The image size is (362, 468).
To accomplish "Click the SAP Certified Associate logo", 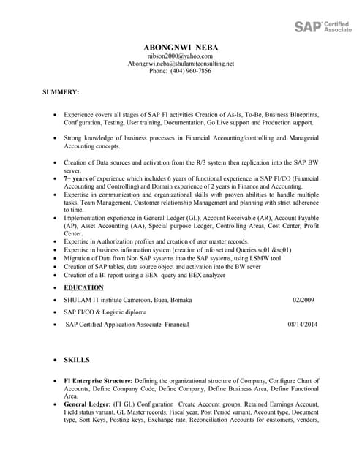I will pyautogui.click(x=323, y=27).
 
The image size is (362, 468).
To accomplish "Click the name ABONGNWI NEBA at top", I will pyautogui.click(x=181, y=48).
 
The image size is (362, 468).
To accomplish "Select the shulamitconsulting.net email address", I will pyautogui.click(x=181, y=64).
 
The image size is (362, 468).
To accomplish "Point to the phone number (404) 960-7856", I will pyautogui.click(x=180, y=72).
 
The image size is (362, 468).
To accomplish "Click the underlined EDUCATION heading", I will pyautogui.click(x=83, y=288).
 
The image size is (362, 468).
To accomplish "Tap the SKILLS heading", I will pyautogui.click(x=77, y=361).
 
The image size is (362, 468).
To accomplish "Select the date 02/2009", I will pyautogui.click(x=303, y=300).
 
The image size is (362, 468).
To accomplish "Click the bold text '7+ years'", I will pyautogui.click(x=77, y=178).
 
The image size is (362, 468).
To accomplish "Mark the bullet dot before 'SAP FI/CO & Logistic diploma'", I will pyautogui.click(x=56, y=312).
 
